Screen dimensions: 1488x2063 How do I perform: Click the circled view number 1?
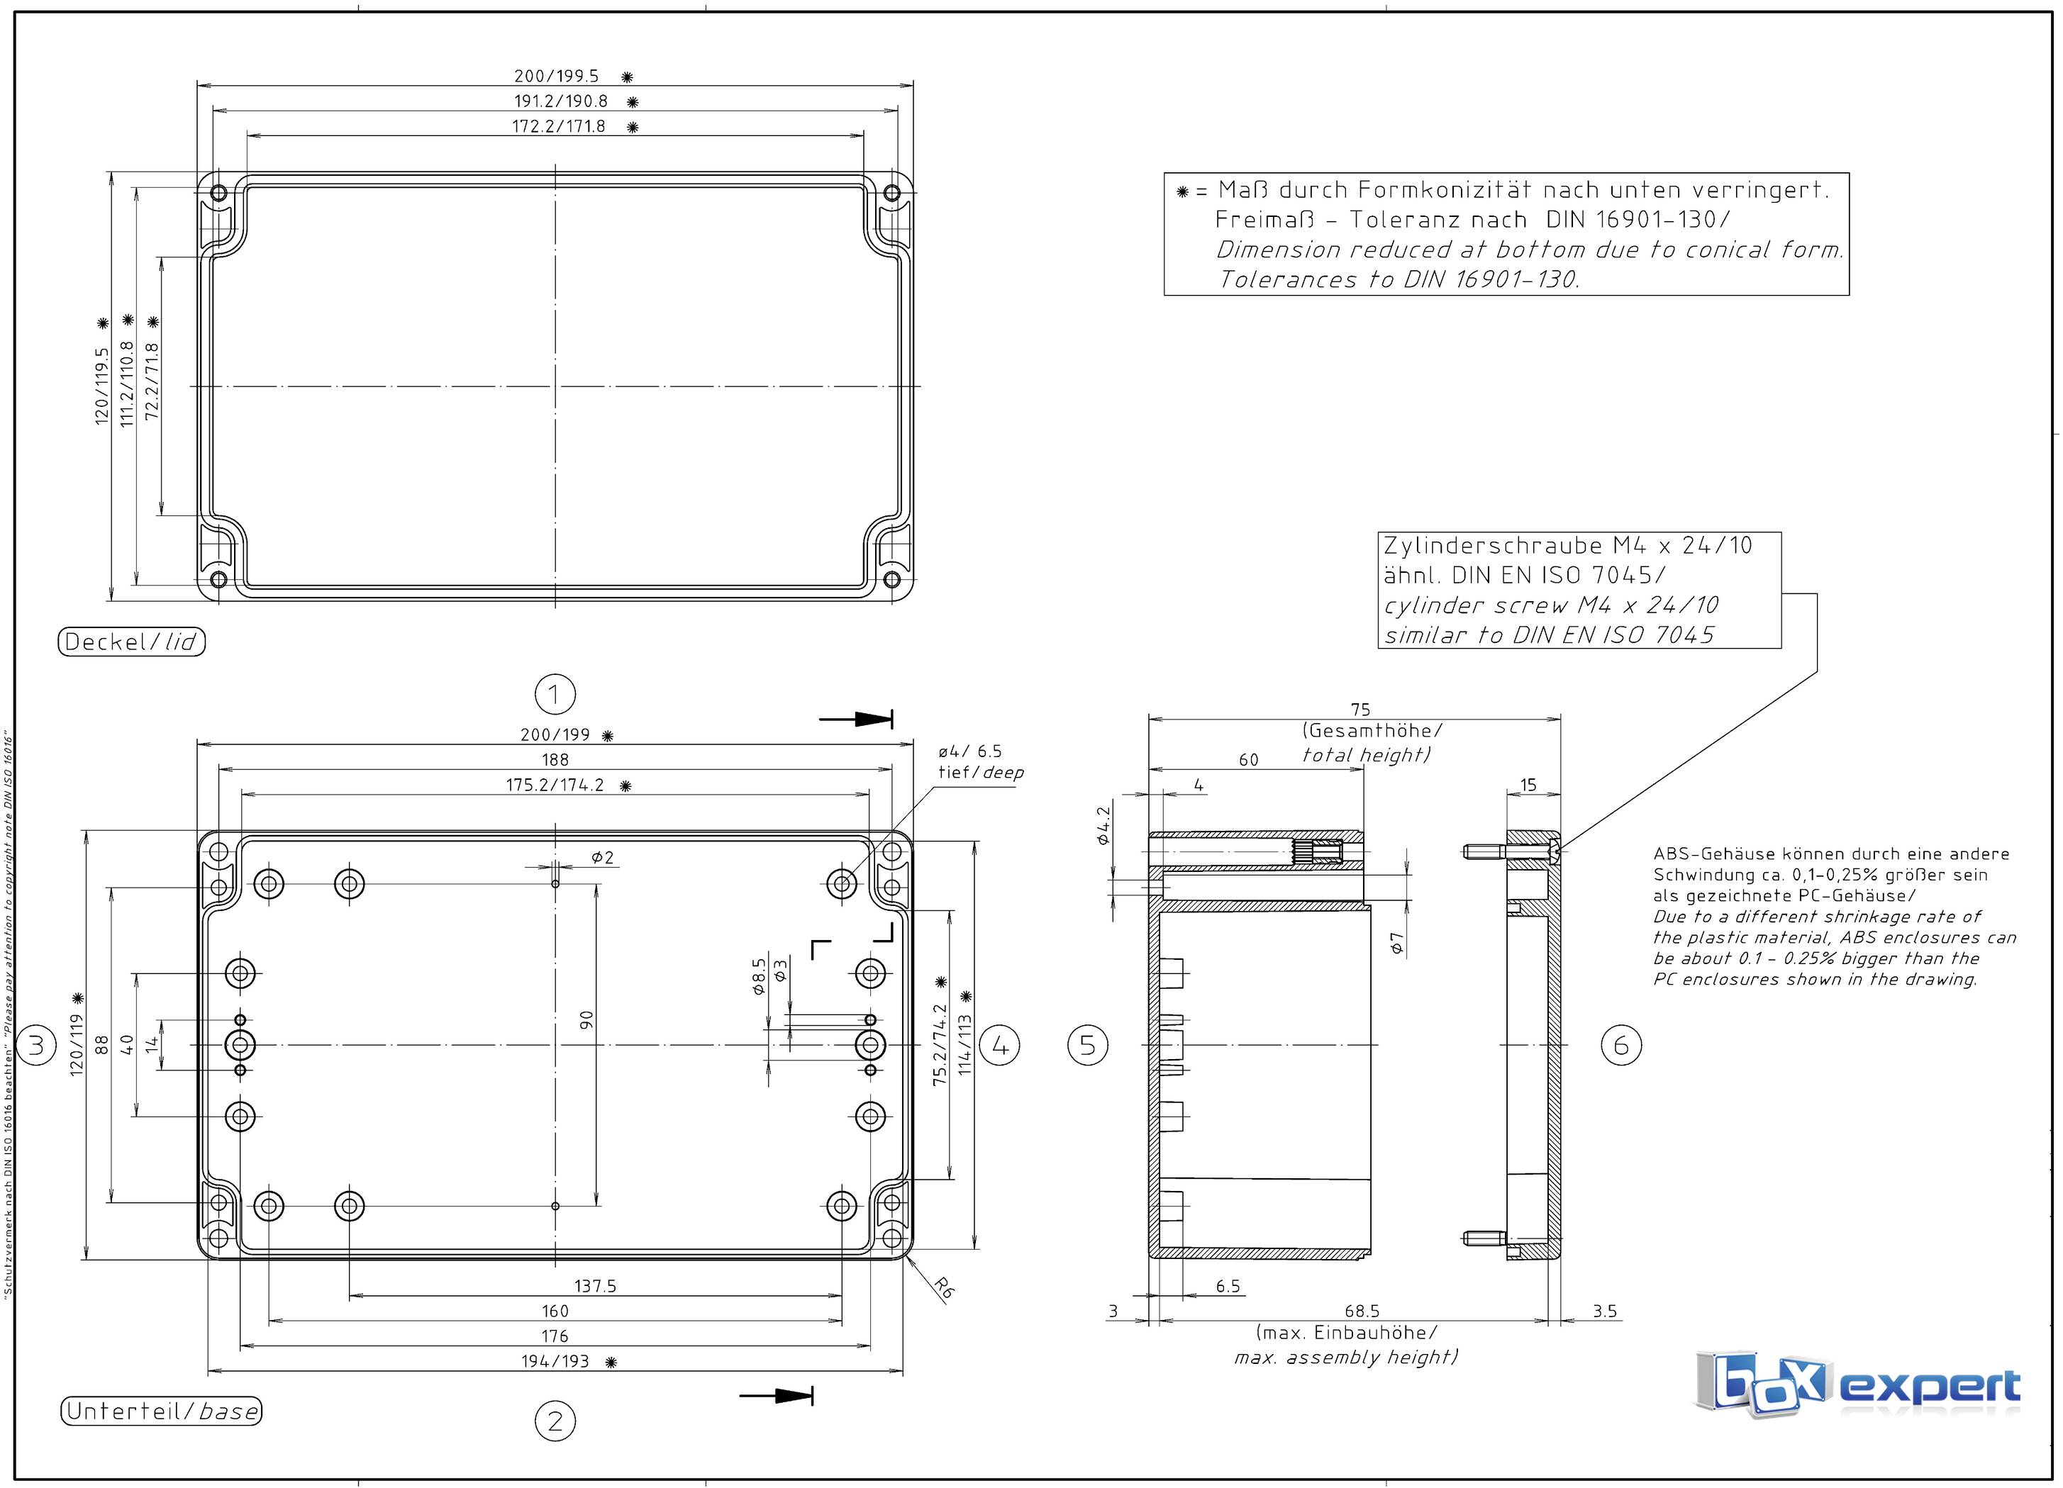click(x=554, y=695)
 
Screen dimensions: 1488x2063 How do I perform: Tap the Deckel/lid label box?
click(x=132, y=642)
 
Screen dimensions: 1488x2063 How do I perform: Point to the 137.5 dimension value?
click(x=595, y=1286)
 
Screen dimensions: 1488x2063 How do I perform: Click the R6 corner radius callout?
click(x=944, y=1287)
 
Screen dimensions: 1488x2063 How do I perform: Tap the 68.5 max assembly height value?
click(x=1362, y=1311)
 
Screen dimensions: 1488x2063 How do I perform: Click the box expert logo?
click(x=1856, y=1384)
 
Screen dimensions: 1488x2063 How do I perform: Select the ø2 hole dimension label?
click(x=602, y=857)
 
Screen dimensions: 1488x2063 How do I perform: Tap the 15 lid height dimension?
click(x=1528, y=784)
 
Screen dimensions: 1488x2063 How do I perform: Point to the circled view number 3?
click(x=36, y=1045)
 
